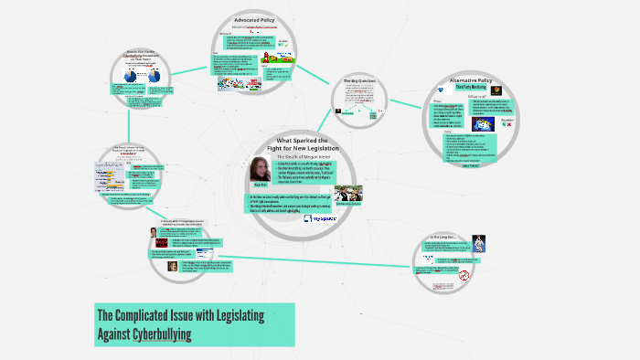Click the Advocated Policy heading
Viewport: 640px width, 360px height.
click(x=260, y=19)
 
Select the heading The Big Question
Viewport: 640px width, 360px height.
click(x=360, y=81)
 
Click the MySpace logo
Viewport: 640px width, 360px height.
click(x=320, y=218)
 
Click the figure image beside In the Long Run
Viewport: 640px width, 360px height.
click(x=479, y=243)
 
